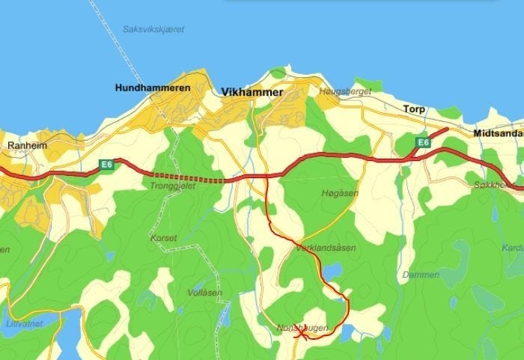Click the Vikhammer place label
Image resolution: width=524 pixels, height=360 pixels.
coord(252,92)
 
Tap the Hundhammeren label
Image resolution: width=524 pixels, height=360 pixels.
coord(153,88)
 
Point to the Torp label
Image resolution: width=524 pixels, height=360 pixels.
coord(414,109)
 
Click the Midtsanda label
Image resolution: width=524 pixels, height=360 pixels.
coord(498,134)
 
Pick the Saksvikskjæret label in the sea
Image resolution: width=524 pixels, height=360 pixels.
coord(153,29)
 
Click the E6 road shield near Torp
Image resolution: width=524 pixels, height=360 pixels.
coord(423,142)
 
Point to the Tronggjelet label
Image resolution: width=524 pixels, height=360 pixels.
coord(173,186)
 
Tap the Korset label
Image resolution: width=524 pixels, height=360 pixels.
coord(164,238)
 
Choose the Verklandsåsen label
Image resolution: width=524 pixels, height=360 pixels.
coord(326,247)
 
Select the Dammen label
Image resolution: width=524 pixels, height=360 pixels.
coord(420,275)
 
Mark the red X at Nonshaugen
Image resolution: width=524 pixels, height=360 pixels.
coord(301,335)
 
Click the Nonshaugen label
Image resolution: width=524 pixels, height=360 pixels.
coord(302,327)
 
